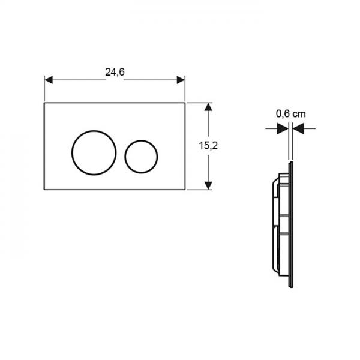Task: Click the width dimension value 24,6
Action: (x=115, y=72)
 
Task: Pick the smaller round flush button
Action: (x=141, y=155)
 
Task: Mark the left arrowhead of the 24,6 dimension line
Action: (x=49, y=80)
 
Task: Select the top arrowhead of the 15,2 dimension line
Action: (x=208, y=107)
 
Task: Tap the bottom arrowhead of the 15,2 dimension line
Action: (x=208, y=185)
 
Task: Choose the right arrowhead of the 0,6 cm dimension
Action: (x=298, y=127)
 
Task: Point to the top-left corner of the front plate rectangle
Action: (x=45, y=103)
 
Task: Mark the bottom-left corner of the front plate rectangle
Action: (x=45, y=190)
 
